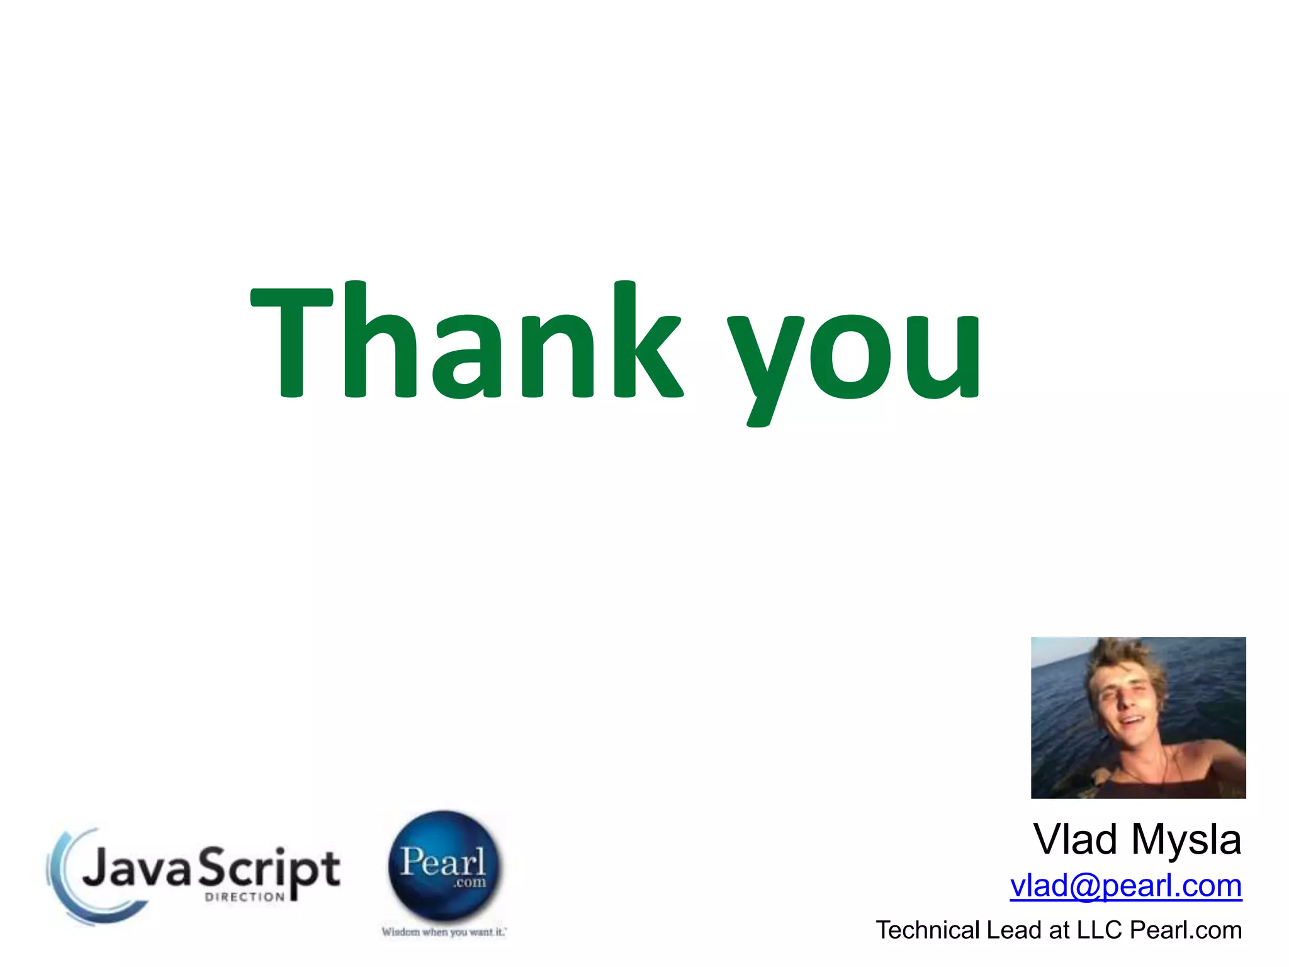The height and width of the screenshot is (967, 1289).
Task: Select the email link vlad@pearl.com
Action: (1125, 886)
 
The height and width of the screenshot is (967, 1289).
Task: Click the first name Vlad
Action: (1078, 840)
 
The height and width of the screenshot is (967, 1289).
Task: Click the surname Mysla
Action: (1186, 841)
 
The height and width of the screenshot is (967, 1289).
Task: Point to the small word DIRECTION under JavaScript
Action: (245, 897)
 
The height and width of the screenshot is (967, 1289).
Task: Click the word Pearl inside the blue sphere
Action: (442, 862)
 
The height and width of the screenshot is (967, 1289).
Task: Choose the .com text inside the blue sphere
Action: (470, 883)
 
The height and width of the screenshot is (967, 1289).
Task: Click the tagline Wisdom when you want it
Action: (444, 932)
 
